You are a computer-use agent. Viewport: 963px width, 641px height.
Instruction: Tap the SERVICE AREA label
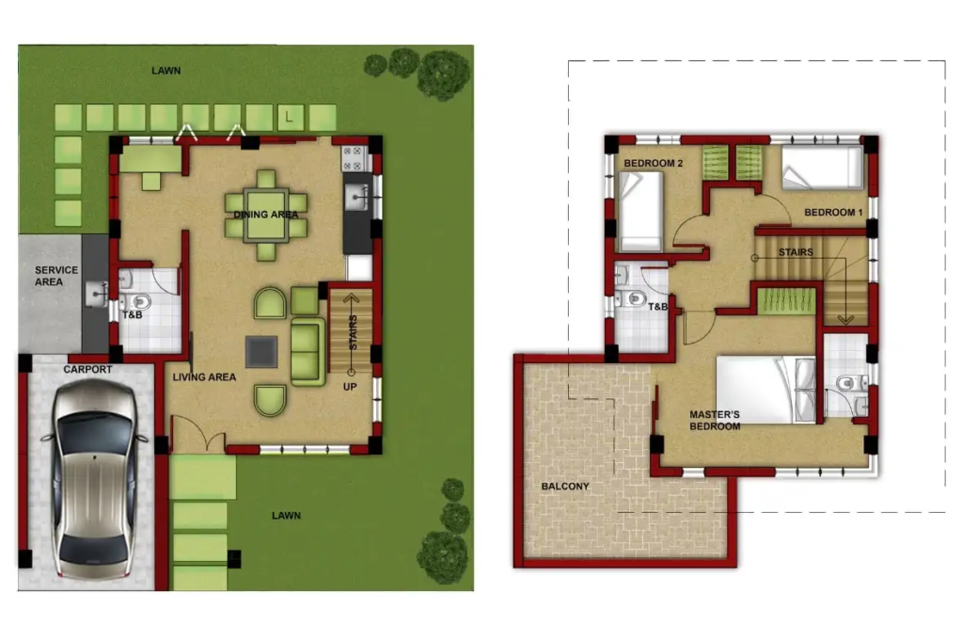click(x=55, y=276)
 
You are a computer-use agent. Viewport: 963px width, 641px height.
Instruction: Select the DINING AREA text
click(x=266, y=215)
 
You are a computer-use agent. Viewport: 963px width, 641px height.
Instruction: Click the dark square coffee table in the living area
click(x=261, y=351)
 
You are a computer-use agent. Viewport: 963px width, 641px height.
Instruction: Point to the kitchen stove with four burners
click(x=355, y=158)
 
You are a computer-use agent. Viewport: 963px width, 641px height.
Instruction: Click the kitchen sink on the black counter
click(x=356, y=198)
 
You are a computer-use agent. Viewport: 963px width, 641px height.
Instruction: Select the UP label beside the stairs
click(x=350, y=387)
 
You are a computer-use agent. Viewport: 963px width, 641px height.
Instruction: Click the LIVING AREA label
click(x=204, y=377)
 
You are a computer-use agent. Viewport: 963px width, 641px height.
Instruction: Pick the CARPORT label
click(x=87, y=369)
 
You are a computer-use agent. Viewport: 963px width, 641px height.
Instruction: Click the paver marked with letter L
click(x=291, y=118)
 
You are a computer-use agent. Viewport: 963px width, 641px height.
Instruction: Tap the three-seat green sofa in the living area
click(x=308, y=351)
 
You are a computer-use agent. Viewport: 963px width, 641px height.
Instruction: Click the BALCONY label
click(x=565, y=486)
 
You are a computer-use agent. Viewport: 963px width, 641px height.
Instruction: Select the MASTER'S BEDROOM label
click(x=715, y=421)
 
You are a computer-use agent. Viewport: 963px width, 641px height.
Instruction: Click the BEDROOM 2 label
click(x=654, y=163)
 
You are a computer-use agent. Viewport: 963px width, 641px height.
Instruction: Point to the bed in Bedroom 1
click(x=823, y=168)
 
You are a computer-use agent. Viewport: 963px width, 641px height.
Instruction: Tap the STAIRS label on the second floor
click(x=796, y=252)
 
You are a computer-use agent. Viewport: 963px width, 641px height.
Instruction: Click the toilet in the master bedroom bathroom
click(x=850, y=383)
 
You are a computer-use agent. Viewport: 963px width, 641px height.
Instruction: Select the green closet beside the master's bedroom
click(x=787, y=302)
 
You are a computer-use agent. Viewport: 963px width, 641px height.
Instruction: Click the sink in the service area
click(x=97, y=293)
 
